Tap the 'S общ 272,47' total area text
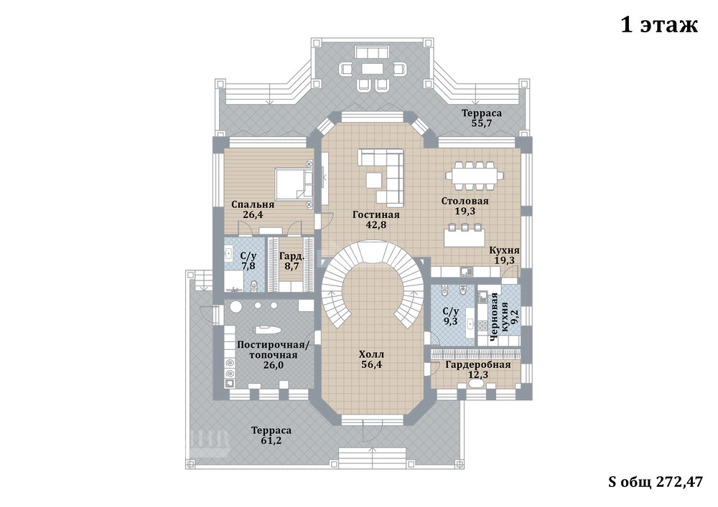(x=655, y=482)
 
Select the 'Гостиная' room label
(x=376, y=214)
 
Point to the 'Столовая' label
(x=465, y=202)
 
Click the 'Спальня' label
(x=252, y=204)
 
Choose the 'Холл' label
(x=371, y=354)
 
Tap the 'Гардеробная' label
(x=478, y=365)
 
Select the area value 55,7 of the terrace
(x=482, y=123)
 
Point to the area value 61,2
(x=271, y=441)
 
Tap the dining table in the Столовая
(x=472, y=176)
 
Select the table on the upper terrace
(x=372, y=69)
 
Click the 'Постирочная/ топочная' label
(x=274, y=350)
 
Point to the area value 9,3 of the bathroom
(x=451, y=321)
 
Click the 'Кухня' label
(x=504, y=250)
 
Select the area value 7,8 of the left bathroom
(x=248, y=266)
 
